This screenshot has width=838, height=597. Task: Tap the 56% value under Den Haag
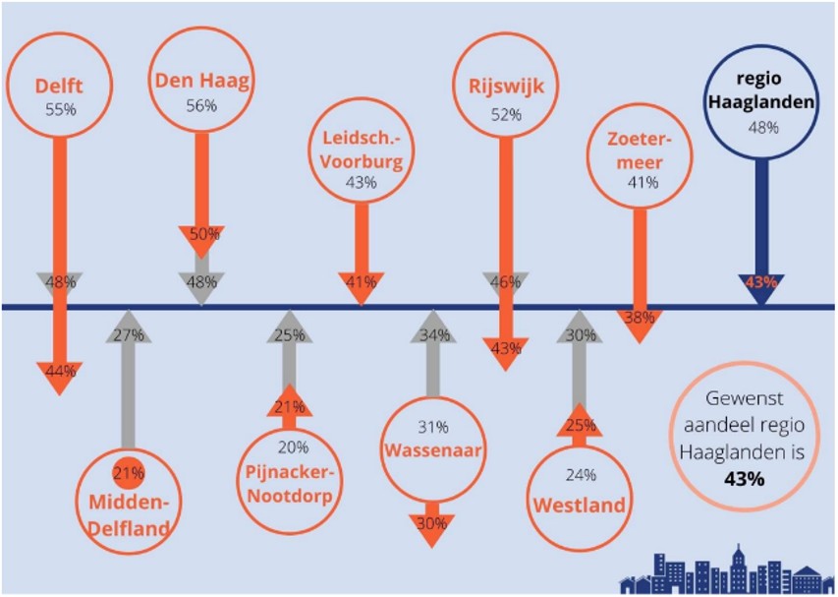point(201,106)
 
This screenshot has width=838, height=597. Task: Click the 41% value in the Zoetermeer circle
point(642,182)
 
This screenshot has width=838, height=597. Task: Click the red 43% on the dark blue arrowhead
point(761,283)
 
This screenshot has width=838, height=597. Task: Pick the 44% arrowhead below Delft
point(59,373)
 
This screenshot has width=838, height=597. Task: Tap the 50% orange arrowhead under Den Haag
point(202,236)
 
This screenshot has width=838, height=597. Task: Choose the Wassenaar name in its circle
point(432,450)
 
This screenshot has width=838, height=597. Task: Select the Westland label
point(580,505)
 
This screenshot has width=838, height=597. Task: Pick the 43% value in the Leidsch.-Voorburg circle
point(361,182)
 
